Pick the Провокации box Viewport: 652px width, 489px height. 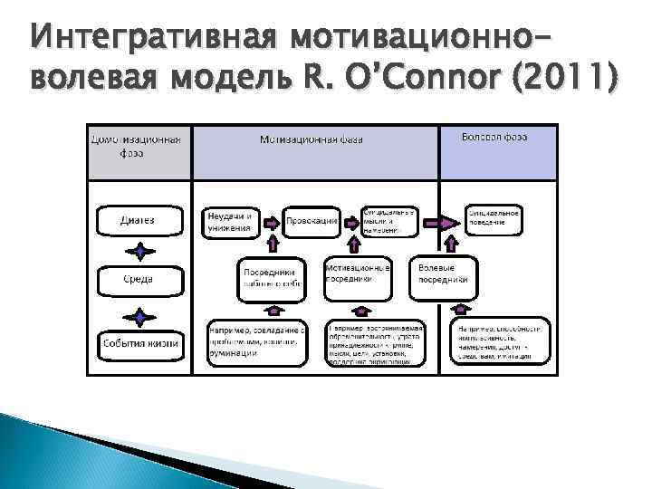tap(311, 220)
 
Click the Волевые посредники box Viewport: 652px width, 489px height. tap(444, 274)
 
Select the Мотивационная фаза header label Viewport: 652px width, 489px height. tap(313, 140)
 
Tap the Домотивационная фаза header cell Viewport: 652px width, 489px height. tap(139, 147)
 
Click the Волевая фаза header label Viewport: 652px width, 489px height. tap(494, 136)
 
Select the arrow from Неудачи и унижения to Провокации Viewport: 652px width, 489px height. tap(268, 221)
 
